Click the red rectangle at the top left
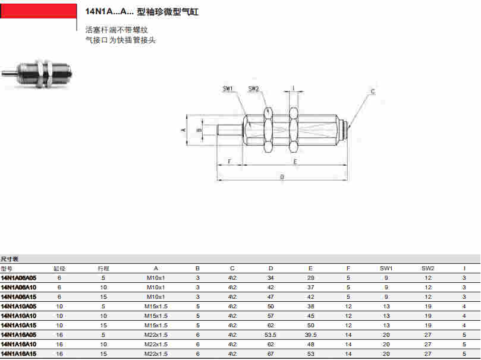point(39,11)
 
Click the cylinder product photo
point(36,73)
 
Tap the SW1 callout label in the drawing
point(228,89)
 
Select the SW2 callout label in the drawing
point(253,89)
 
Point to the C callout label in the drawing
point(373,91)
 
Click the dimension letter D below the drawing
point(282,176)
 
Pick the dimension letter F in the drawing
point(230,162)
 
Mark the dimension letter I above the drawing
point(293,89)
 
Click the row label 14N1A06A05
point(18,277)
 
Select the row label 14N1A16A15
point(18,353)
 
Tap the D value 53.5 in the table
point(271,334)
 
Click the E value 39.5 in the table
point(310,334)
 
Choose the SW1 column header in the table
point(386,269)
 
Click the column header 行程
point(103,269)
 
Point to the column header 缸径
point(59,269)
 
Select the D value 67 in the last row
point(271,353)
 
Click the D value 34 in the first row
point(271,277)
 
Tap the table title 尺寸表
point(10,259)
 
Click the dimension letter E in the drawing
point(294,162)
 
